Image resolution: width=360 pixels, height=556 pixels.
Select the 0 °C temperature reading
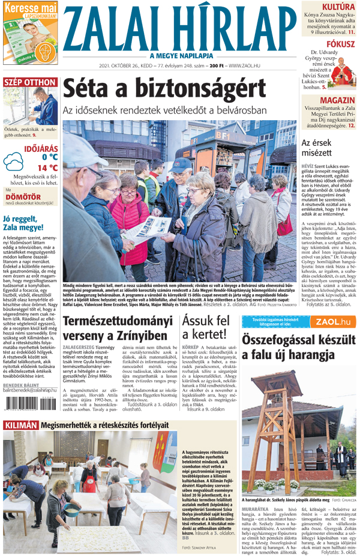coord(50,157)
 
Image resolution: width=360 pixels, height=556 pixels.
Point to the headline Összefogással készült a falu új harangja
coord(298,346)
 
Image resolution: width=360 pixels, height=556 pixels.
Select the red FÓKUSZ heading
coord(340,44)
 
